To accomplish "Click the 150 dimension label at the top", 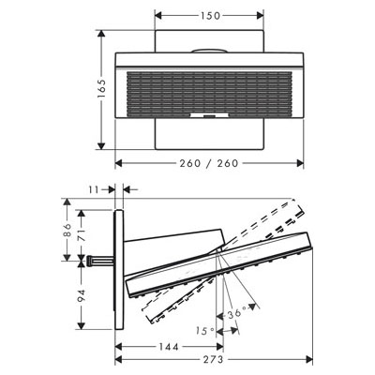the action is (209, 16).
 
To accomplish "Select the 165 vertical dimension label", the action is (101, 89).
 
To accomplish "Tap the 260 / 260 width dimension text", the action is (209, 163).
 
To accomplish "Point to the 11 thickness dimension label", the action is (94, 189).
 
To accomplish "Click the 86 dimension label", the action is (67, 231).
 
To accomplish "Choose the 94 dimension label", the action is (82, 295).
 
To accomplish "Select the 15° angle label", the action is (205, 331).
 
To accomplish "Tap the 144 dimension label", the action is (169, 347).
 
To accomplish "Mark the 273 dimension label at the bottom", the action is (214, 359).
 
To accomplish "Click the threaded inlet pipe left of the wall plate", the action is (100, 261).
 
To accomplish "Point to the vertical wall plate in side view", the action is (119, 269).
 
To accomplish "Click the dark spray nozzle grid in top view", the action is (209, 95).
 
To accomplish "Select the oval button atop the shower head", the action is (209, 51).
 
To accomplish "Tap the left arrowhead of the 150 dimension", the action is (158, 15).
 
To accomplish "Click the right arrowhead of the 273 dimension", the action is (309, 360).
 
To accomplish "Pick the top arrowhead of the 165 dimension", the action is (100, 34).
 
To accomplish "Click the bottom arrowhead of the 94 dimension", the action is (81, 325).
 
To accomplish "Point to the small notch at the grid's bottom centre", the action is (209, 115).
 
